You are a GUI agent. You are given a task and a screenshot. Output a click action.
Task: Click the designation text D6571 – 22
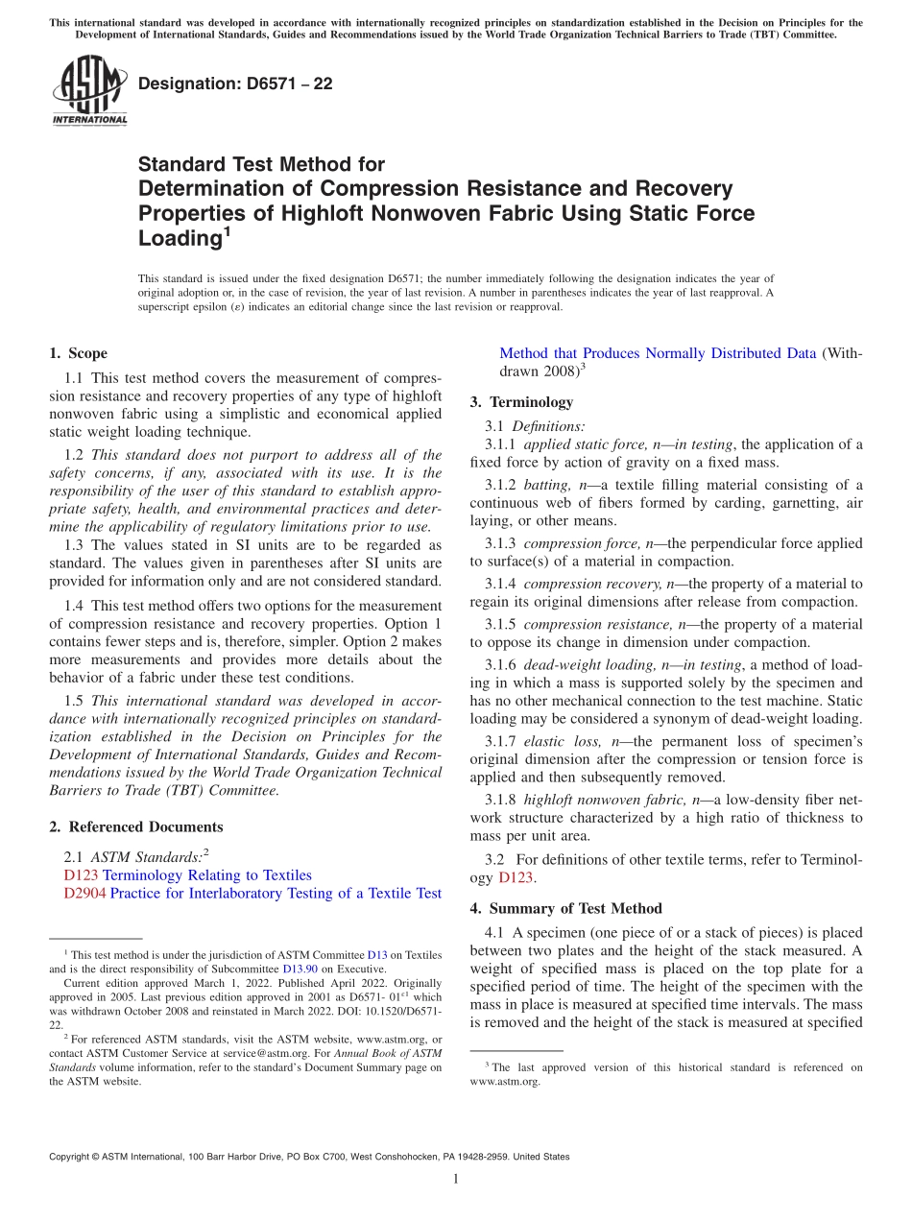[x=235, y=84]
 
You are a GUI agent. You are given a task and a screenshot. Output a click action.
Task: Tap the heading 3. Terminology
[x=521, y=402]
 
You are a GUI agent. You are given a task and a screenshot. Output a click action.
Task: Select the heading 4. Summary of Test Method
[x=565, y=908]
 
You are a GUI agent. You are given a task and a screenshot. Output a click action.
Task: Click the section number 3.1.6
[x=500, y=664]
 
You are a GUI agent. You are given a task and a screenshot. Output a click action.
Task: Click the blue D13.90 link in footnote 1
[x=300, y=970]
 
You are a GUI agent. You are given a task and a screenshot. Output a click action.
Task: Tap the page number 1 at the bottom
[x=456, y=1179]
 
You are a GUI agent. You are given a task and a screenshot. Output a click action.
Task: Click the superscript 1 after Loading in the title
[x=227, y=231]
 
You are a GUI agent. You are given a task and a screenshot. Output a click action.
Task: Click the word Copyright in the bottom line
[x=72, y=1157]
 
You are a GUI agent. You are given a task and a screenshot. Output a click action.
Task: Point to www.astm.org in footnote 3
[x=505, y=1081]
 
